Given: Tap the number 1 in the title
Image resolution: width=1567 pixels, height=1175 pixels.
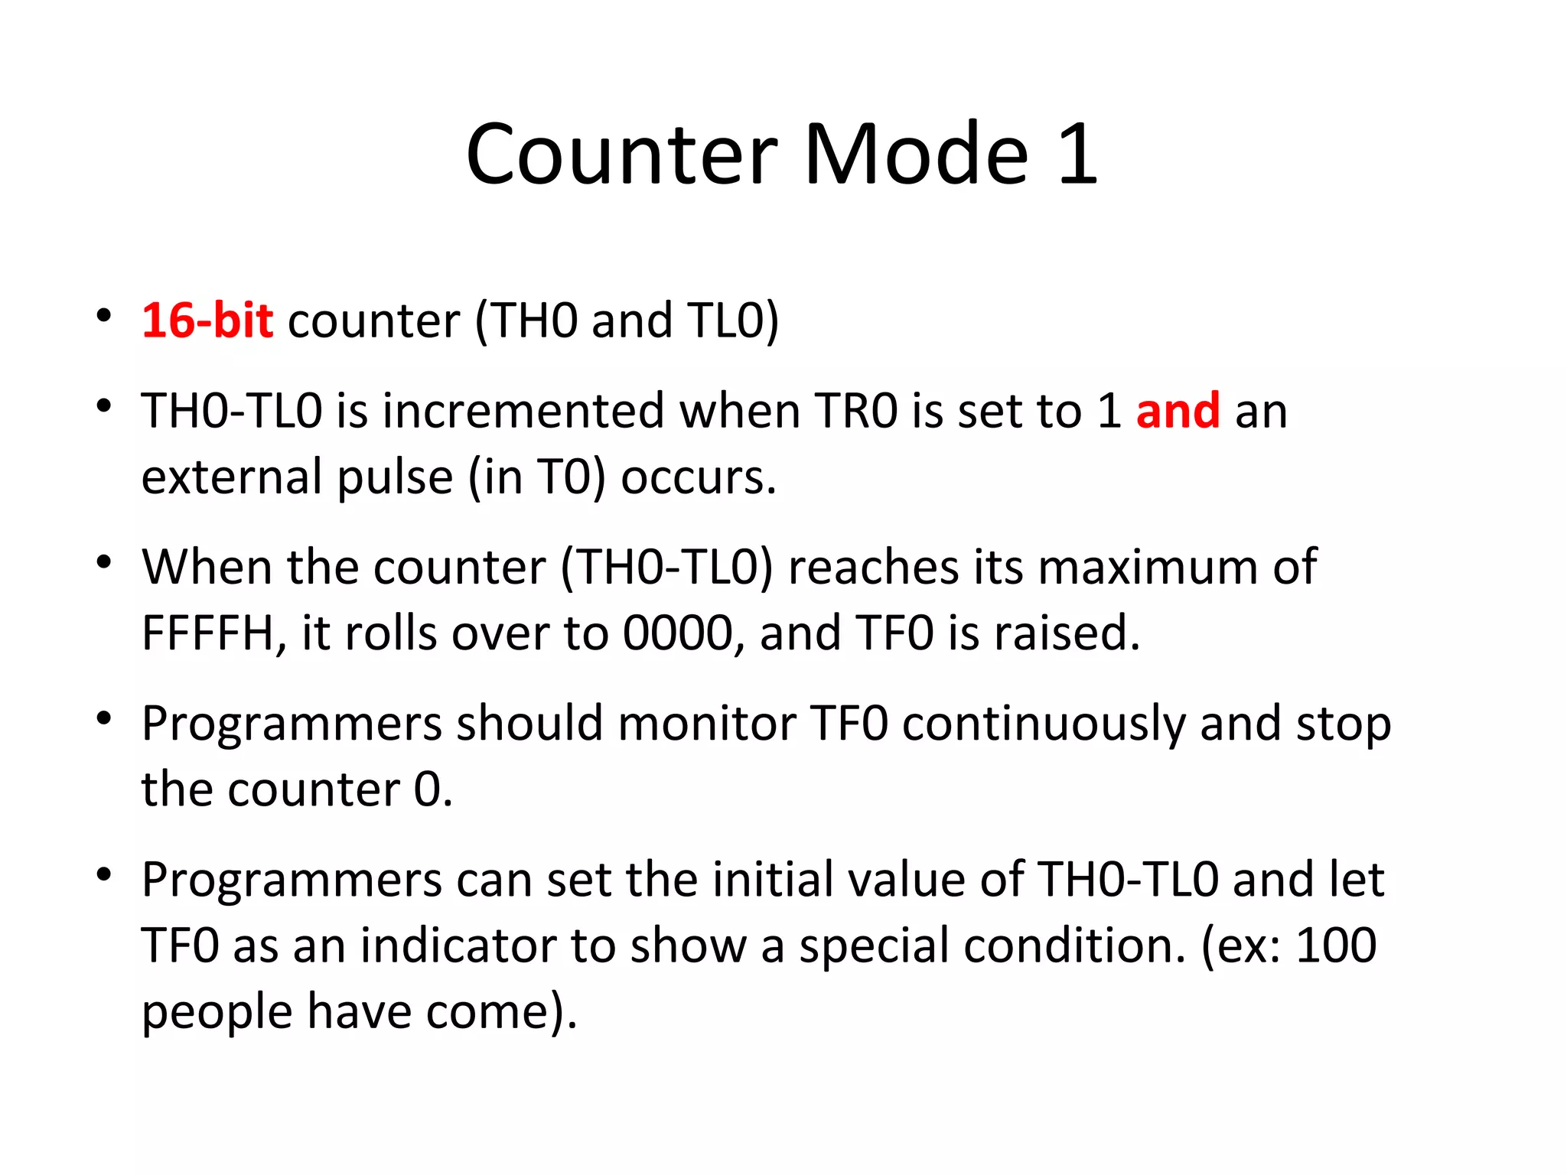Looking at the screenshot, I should (x=1078, y=155).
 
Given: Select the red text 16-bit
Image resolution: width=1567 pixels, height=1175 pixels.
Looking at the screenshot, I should (x=207, y=321).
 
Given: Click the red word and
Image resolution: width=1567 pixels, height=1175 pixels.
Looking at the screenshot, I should (x=1178, y=411).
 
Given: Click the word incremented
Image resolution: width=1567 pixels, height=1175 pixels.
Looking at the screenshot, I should (x=523, y=411).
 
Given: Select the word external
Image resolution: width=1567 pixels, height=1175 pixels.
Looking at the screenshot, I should (x=232, y=477).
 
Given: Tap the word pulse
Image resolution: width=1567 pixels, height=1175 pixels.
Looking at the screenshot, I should (x=395, y=477).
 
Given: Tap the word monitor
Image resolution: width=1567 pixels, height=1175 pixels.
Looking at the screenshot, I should (x=706, y=724).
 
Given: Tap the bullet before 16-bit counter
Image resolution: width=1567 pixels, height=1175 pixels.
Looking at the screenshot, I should (x=104, y=316).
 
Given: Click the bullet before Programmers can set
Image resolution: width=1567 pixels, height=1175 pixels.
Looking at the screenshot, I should (x=104, y=875).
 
